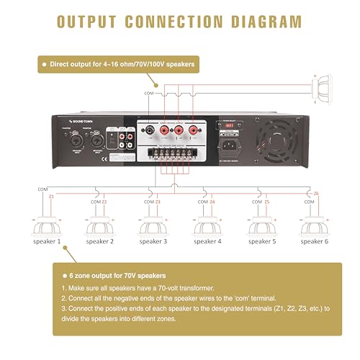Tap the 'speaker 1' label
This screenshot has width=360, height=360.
click(x=48, y=241)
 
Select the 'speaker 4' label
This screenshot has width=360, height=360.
click(x=209, y=241)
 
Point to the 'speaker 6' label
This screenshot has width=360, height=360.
click(x=315, y=241)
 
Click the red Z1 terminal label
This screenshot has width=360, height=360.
click(x=50, y=196)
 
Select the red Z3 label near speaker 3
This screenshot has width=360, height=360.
click(x=158, y=202)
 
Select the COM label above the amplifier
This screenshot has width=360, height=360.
click(x=149, y=93)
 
